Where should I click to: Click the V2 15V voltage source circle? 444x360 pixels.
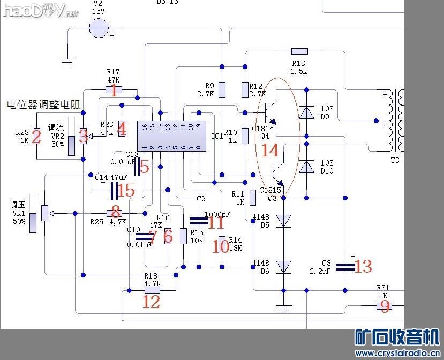coord(99,28)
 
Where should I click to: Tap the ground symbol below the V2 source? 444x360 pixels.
coord(67,62)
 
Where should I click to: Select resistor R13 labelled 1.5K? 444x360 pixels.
coord(299,51)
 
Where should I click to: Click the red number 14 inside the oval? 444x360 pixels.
coord(270,151)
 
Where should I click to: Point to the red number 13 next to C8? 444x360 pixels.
coord(363,266)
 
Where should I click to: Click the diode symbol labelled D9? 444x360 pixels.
coord(306,112)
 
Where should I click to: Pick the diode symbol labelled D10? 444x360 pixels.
coord(306,167)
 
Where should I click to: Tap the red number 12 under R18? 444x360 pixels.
coord(151,302)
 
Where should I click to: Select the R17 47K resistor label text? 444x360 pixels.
coord(113,76)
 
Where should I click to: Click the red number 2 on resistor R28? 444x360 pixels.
coord(36,137)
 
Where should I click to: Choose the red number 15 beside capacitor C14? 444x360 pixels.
coord(126,190)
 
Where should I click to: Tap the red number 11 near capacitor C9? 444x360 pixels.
coord(215,222)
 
